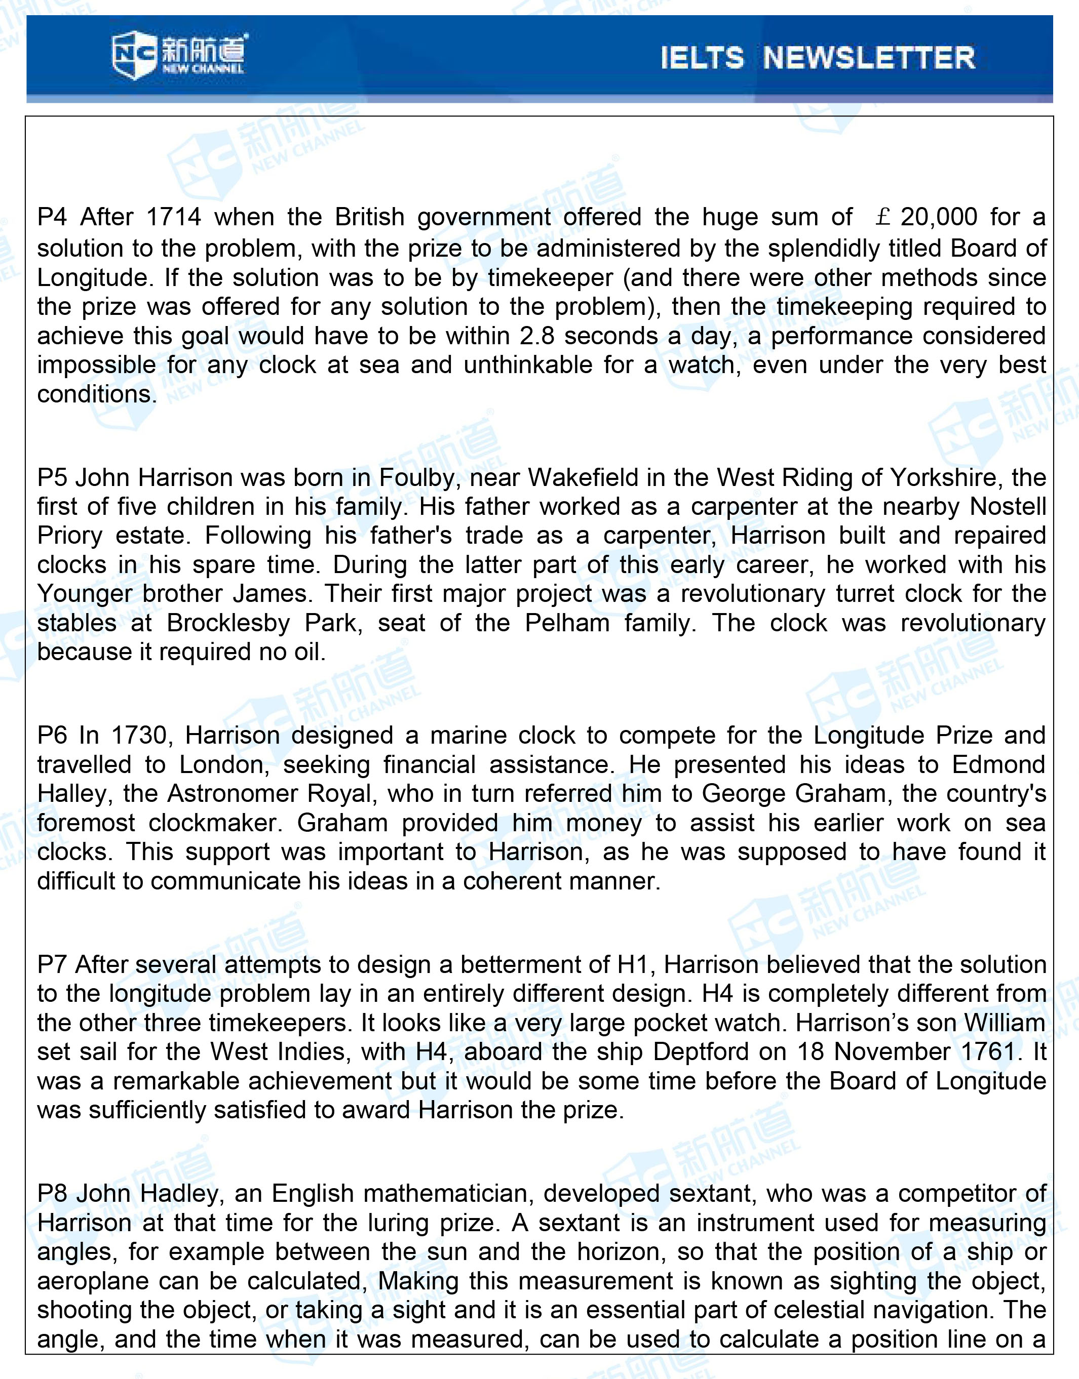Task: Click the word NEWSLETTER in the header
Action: pos(869,58)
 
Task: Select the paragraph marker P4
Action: pos(51,217)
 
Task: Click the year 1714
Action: pos(173,217)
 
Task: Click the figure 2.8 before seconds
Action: pos(536,336)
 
